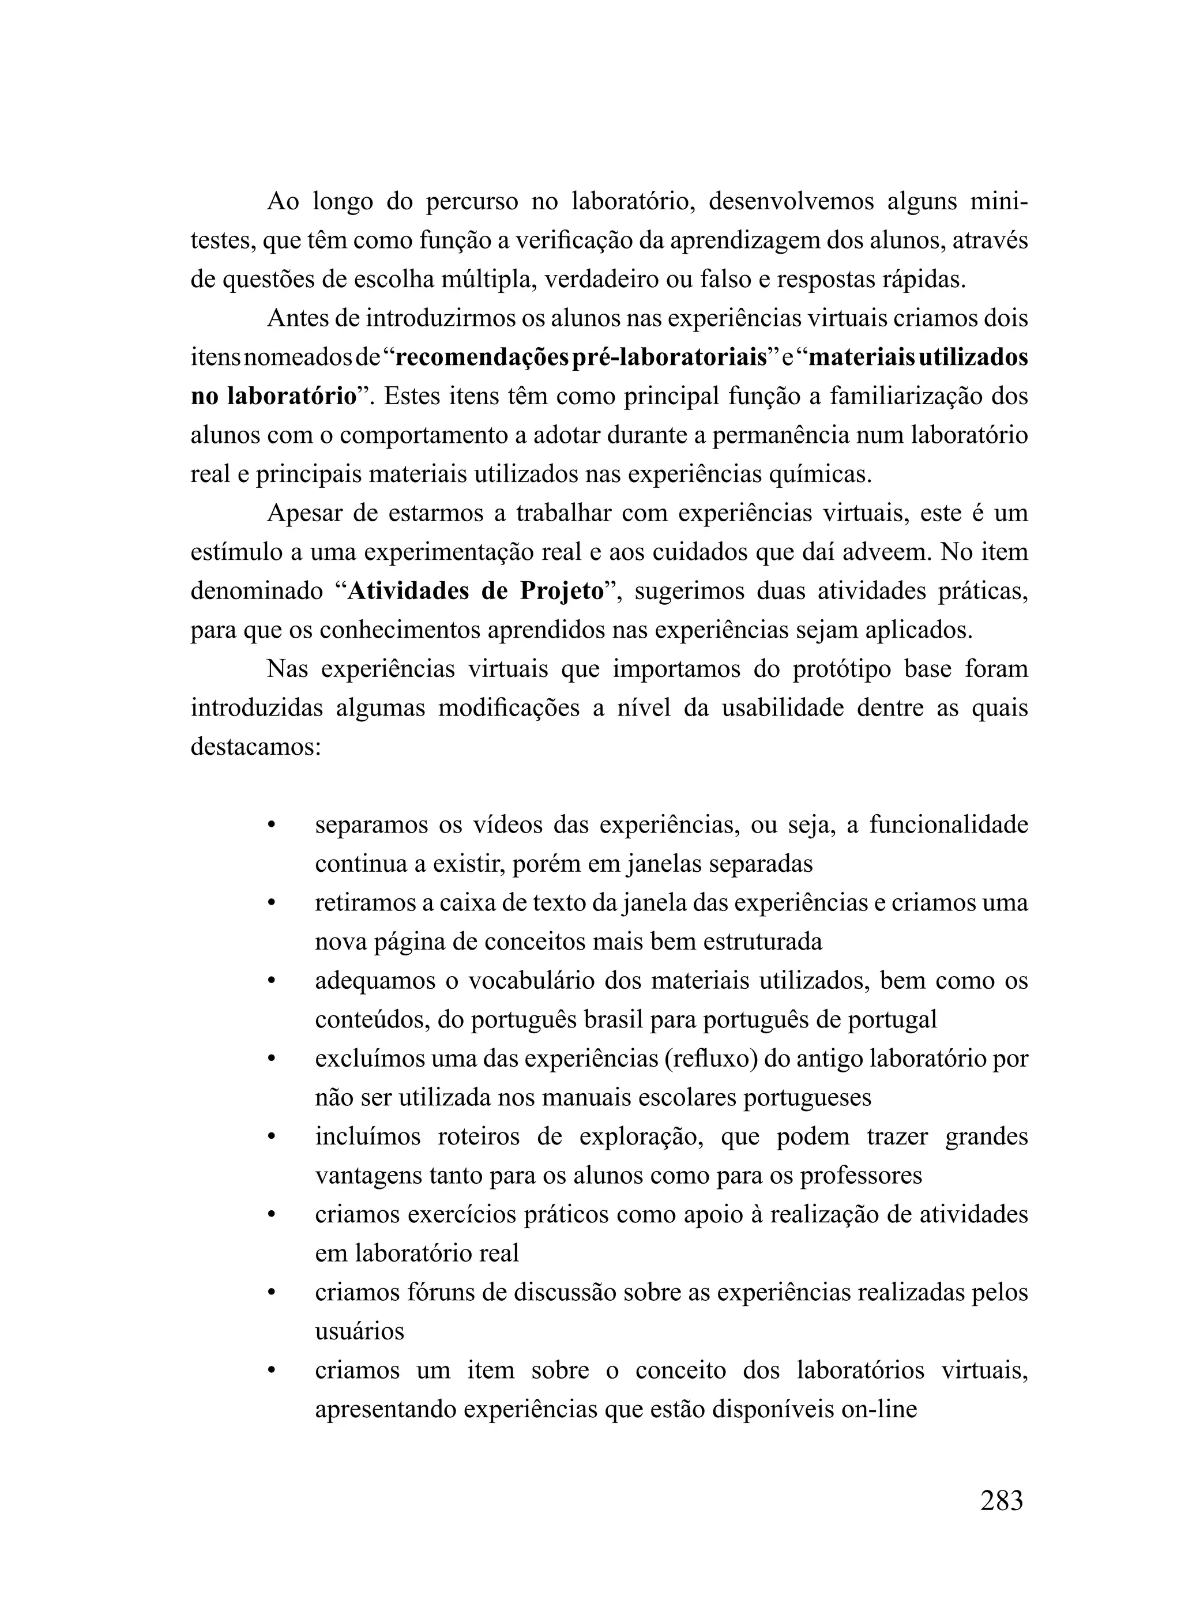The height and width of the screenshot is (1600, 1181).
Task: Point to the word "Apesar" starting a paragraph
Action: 310,513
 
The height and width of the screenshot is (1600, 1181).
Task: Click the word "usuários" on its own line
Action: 360,1331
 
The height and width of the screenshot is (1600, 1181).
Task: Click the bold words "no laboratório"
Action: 274,397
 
